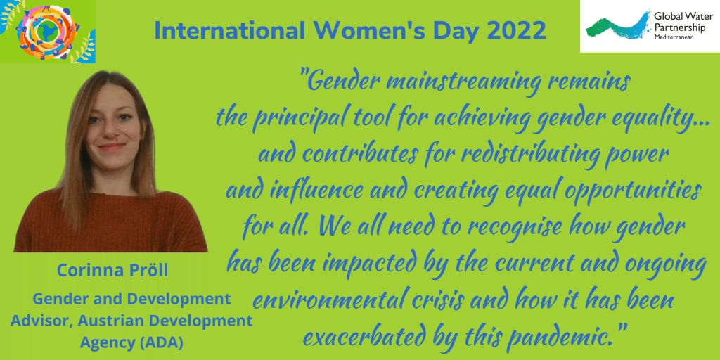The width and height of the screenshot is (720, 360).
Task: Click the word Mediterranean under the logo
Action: [674, 37]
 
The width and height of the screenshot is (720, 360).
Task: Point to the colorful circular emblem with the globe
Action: [47, 31]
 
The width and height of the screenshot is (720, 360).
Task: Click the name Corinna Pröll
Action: [112, 271]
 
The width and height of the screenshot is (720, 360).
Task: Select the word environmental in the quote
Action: [324, 301]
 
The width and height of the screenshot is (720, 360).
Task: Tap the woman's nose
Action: [108, 131]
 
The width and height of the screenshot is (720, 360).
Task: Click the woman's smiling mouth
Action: [111, 147]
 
